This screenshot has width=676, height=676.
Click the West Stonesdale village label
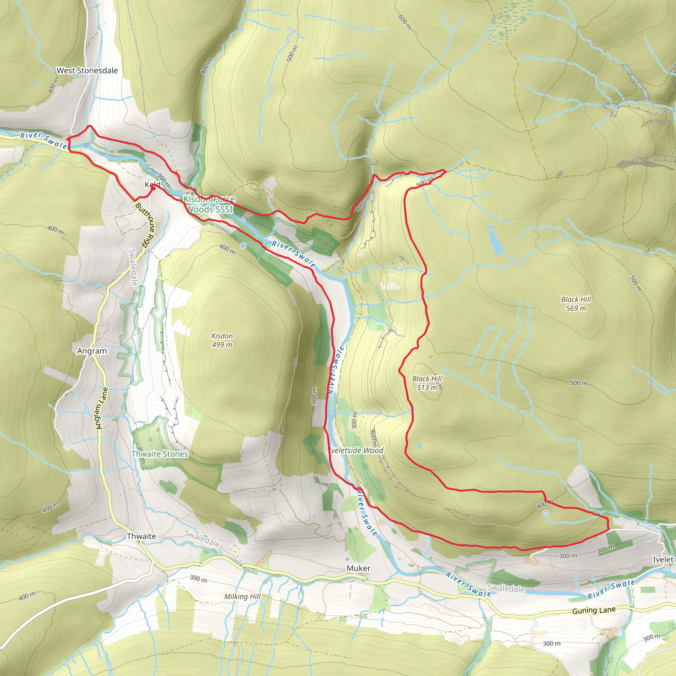point(87,71)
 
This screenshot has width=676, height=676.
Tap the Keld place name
point(152,184)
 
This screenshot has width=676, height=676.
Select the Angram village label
point(92,351)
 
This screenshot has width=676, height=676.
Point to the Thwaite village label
point(141,536)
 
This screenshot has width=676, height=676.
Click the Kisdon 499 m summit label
point(222,340)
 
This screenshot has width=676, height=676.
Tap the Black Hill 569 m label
point(576,304)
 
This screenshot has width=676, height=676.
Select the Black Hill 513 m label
point(427,383)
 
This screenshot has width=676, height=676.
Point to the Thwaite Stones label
point(160,454)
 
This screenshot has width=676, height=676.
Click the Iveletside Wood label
point(356,450)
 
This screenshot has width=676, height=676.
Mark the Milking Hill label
point(243,596)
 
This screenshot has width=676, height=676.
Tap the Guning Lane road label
point(594,611)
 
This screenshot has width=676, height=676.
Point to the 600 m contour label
point(405,22)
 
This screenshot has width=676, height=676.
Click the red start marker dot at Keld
point(153,187)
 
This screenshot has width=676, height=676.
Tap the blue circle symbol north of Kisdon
point(243,246)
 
